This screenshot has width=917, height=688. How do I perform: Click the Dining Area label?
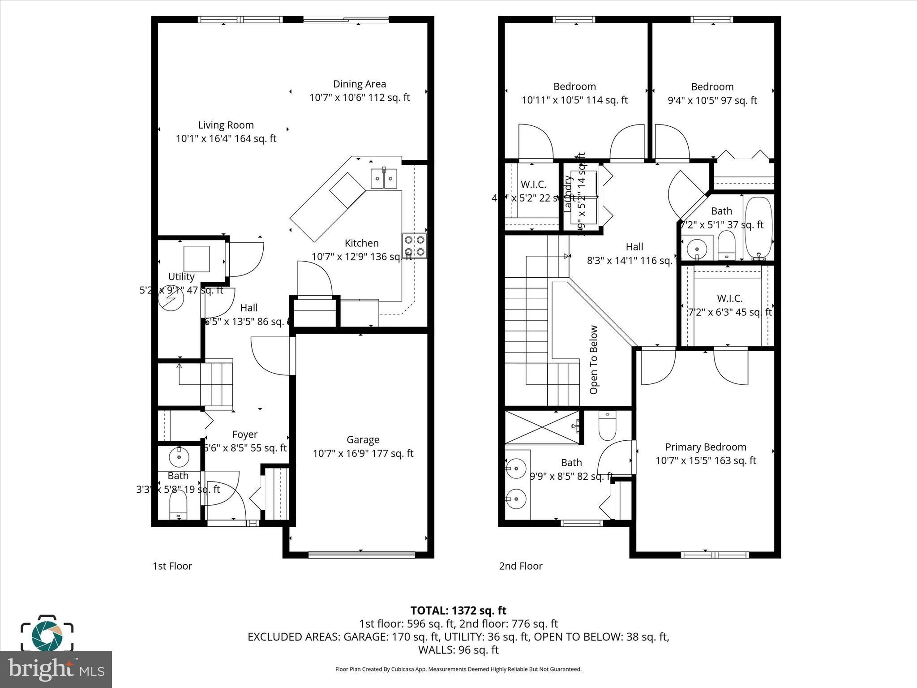(360, 84)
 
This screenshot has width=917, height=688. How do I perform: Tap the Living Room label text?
(226, 125)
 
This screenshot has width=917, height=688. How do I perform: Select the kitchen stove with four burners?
(415, 246)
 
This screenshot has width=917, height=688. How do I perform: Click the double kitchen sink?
(384, 179)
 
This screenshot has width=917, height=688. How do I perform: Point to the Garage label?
(363, 440)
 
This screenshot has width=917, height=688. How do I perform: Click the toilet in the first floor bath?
(178, 507)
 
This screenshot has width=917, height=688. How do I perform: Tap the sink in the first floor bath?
(179, 457)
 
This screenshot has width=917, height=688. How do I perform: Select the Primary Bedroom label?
(705, 447)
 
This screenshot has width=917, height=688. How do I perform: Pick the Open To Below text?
(594, 360)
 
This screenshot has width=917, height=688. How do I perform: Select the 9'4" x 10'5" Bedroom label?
(712, 87)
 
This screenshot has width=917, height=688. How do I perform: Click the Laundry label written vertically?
(568, 193)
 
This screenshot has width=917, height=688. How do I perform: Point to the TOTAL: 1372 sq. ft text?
(458, 611)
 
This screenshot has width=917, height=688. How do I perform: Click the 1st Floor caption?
(172, 566)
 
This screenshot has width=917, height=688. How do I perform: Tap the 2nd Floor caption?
(520, 566)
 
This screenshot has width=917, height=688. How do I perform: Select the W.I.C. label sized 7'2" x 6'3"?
(729, 298)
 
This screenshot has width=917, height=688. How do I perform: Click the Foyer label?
(244, 434)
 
